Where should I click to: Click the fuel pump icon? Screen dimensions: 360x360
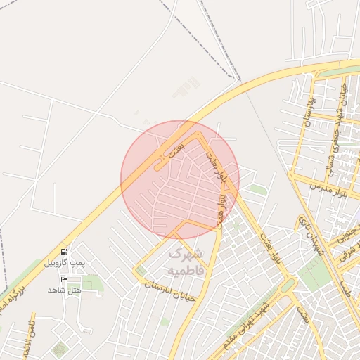pyautogui.click(x=65, y=252)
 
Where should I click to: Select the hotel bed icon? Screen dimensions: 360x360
pyautogui.click(x=65, y=279)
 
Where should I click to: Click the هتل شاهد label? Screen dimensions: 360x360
pyautogui.click(x=65, y=290)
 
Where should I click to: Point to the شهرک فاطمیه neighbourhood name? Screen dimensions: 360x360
pyautogui.click(x=185, y=260)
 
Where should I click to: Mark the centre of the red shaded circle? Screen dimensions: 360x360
pyautogui.click(x=180, y=179)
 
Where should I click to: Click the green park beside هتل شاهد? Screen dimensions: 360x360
pyautogui.click(x=91, y=283)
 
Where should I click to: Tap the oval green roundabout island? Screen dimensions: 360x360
pyautogui.click(x=288, y=285)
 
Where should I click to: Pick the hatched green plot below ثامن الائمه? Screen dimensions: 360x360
pyautogui.click(x=59, y=349)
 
